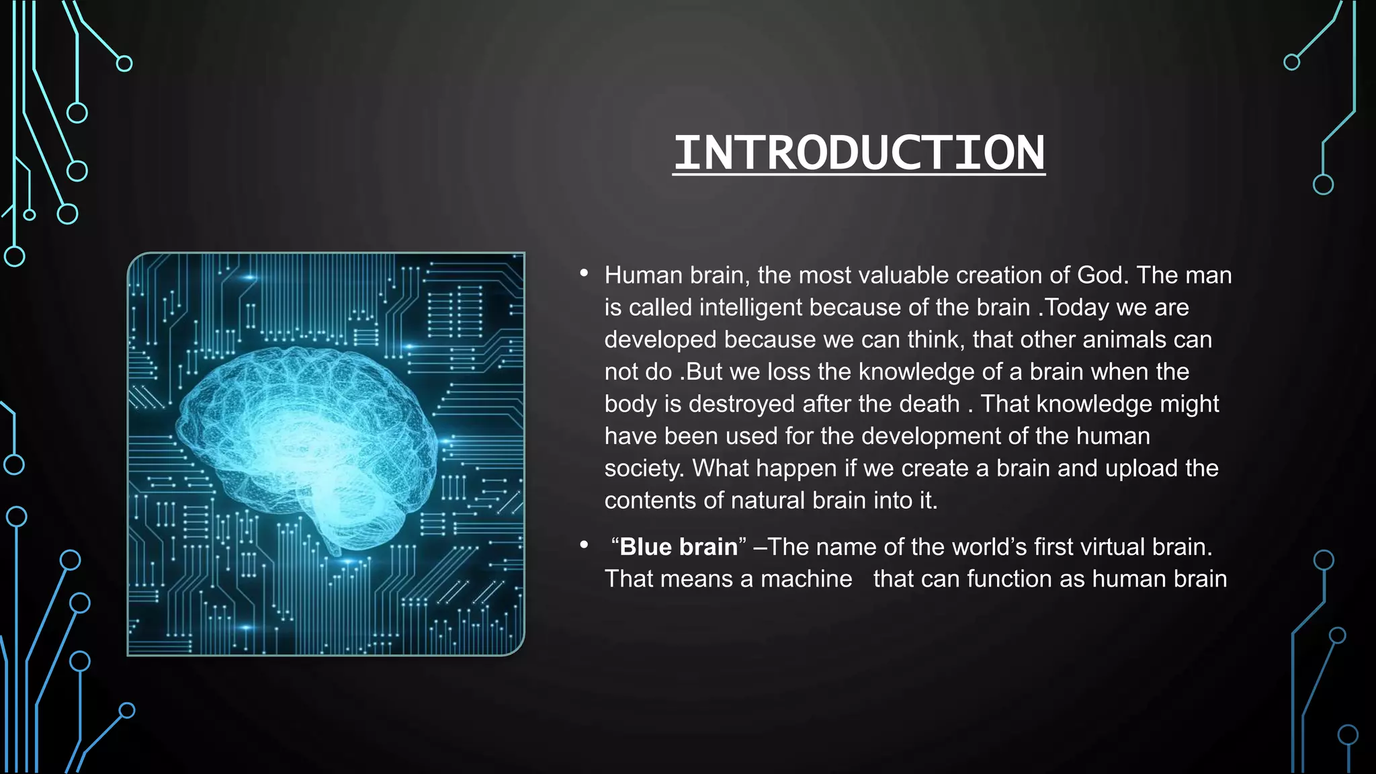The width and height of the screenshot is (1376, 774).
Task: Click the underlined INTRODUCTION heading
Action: tap(859, 153)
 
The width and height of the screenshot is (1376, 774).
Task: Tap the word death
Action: tap(929, 404)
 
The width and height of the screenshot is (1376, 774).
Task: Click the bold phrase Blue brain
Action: tap(678, 547)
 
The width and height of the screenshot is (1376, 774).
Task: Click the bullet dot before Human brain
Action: tap(584, 273)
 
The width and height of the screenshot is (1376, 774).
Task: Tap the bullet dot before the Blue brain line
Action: tap(584, 545)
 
